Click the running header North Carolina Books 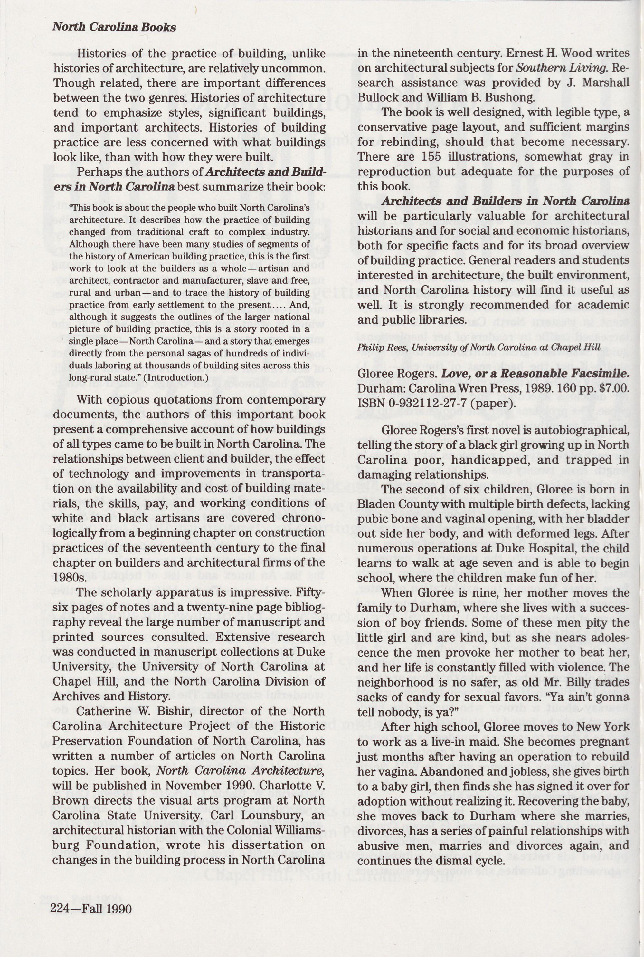pyautogui.click(x=114, y=27)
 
